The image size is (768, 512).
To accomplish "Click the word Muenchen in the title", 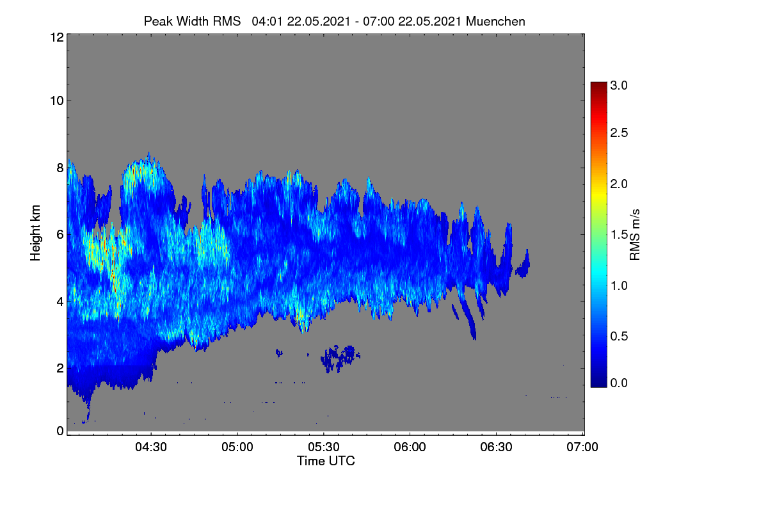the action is click(495, 21).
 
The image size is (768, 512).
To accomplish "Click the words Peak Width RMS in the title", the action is click(192, 21).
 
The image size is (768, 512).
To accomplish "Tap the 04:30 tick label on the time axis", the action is click(151, 447).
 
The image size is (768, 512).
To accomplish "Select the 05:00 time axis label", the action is click(237, 447).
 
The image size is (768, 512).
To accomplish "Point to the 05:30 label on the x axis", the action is click(324, 447).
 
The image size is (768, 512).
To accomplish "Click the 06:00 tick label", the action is click(410, 447).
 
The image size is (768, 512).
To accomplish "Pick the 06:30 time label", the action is click(496, 447).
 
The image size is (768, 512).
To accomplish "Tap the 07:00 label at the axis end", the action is click(582, 447).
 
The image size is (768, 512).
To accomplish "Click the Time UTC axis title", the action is click(326, 461).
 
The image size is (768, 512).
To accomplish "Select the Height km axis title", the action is click(35, 233).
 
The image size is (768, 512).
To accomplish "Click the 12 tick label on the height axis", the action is click(57, 37).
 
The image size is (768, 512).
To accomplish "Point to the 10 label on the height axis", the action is click(57, 101).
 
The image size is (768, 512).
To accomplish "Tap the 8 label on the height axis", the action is click(60, 168).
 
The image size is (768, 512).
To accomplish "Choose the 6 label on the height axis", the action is click(60, 235).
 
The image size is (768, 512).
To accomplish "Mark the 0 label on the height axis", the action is click(60, 431).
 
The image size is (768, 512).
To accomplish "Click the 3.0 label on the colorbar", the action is click(619, 85).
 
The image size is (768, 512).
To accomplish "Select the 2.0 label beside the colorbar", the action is click(619, 184).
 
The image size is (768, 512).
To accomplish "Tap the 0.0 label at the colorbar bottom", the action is click(619, 383).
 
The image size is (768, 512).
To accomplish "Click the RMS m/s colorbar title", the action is click(635, 235).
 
